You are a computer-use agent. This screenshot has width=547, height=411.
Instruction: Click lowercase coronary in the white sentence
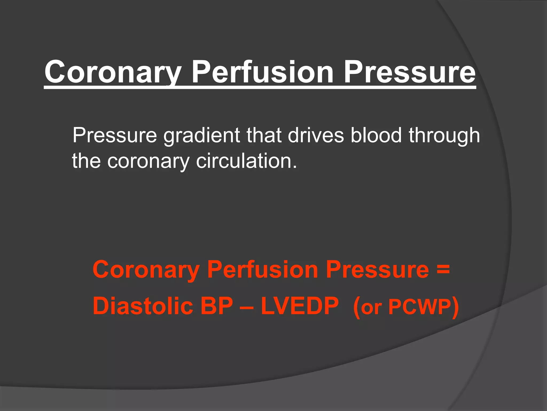(149, 161)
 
